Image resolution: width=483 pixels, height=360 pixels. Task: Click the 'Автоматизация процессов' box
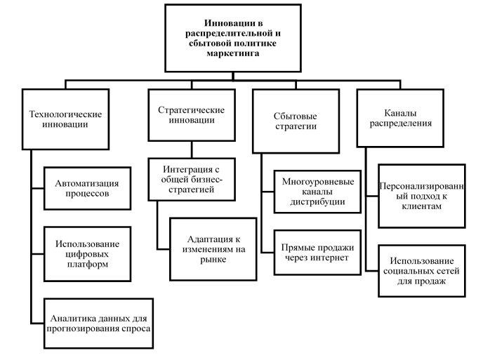pyautogui.click(x=86, y=189)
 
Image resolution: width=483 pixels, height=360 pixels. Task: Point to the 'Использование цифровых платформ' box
pyautogui.click(x=86, y=249)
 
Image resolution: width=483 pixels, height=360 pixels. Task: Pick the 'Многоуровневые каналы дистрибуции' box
pyautogui.click(x=312, y=190)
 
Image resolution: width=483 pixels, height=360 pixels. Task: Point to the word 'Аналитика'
pyautogui.click(x=70, y=317)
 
